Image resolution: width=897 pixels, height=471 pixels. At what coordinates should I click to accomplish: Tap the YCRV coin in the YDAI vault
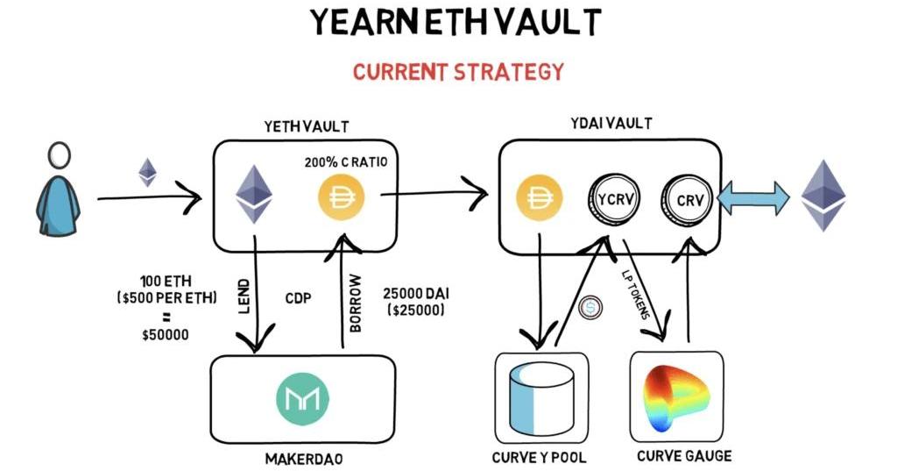pyautogui.click(x=614, y=199)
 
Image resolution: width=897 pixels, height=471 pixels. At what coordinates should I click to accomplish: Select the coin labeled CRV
pyautogui.click(x=687, y=200)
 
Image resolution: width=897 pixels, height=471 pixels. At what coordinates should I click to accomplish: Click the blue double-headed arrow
pyautogui.click(x=753, y=199)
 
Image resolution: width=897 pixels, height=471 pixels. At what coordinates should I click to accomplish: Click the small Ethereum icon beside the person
pyautogui.click(x=147, y=172)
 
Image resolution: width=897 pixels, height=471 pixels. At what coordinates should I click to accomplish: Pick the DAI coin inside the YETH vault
pyautogui.click(x=342, y=197)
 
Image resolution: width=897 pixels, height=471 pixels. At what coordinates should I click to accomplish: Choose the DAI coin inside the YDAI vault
pyautogui.click(x=539, y=198)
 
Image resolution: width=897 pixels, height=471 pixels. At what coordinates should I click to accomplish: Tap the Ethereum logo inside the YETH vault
pyautogui.click(x=254, y=194)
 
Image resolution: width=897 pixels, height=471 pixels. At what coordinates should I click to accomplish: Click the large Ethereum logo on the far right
pyautogui.click(x=823, y=195)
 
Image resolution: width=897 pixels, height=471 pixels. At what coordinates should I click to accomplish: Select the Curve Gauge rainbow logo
pyautogui.click(x=676, y=399)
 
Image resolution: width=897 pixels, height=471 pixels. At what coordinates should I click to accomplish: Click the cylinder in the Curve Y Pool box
pyautogui.click(x=540, y=398)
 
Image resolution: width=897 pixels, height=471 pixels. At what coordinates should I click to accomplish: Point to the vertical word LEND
pyautogui.click(x=244, y=296)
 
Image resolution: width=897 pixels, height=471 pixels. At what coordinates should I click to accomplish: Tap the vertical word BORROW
pyautogui.click(x=356, y=303)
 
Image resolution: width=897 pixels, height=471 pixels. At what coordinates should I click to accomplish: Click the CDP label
pyautogui.click(x=298, y=298)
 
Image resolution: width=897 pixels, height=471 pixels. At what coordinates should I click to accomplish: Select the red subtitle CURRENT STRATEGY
pyautogui.click(x=458, y=72)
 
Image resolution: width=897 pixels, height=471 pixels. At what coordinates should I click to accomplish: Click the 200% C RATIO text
pyautogui.click(x=345, y=162)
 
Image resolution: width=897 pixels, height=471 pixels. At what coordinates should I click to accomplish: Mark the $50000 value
pyautogui.click(x=166, y=334)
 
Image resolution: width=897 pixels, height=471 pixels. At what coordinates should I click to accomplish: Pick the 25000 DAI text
pyautogui.click(x=416, y=294)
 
